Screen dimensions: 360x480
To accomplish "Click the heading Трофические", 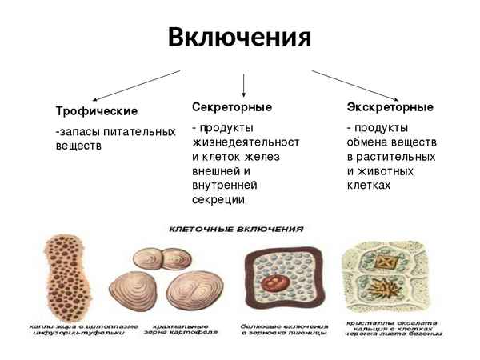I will point(96,110).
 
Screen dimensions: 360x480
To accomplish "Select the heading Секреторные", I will point(232,106).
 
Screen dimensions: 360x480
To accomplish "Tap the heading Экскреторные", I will point(390,106).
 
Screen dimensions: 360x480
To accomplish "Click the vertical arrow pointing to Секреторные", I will point(243,83).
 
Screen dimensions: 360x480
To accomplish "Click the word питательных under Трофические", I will point(138,131).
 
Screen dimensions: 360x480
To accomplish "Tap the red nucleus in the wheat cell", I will point(281,285).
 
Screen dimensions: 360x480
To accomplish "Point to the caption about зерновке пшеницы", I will point(284,332).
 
